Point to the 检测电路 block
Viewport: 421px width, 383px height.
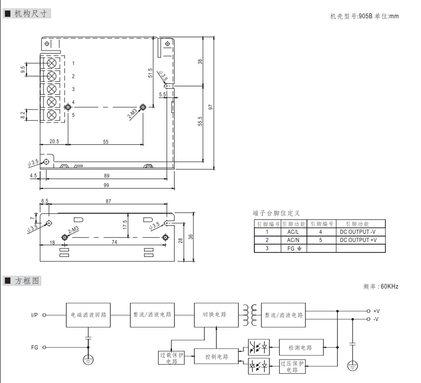(x=302, y=345)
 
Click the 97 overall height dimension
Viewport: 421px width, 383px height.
(x=211, y=107)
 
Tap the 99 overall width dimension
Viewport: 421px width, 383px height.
(x=106, y=185)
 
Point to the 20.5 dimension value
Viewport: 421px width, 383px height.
(x=54, y=142)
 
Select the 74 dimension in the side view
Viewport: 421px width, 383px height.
(x=115, y=242)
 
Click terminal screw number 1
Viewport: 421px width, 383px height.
(x=51, y=64)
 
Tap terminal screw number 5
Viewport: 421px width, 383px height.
(x=51, y=115)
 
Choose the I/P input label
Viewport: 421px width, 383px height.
(x=35, y=315)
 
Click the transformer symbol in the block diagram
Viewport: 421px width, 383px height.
(x=249, y=315)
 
